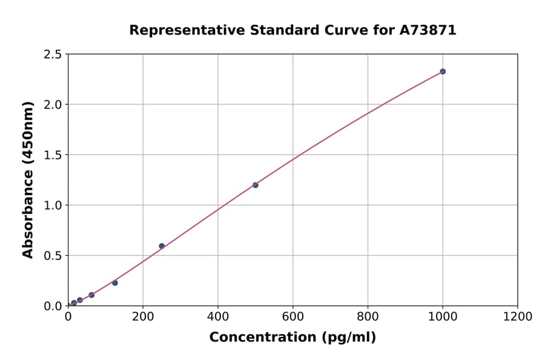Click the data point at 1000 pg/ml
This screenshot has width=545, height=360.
pos(443,72)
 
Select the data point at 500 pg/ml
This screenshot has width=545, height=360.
pos(256,185)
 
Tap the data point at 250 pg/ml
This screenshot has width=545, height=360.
pos(162,246)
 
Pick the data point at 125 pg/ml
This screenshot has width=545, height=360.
pos(115,283)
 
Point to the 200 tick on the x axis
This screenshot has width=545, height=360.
pos(143,316)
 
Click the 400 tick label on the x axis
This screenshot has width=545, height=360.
pos(218,316)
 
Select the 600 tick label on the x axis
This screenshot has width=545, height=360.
pos(293,316)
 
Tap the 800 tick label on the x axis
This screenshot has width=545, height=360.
pos(368,316)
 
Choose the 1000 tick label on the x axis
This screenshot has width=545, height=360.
pos(443,316)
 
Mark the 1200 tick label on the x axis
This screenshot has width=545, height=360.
pos(518,316)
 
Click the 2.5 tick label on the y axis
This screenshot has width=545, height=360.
pos(53,55)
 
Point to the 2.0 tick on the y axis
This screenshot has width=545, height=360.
pos(53,105)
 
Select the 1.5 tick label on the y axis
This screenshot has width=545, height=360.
pos(53,155)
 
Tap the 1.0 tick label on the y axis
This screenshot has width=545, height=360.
pos(53,205)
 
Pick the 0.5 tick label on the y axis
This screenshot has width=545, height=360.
pos(53,256)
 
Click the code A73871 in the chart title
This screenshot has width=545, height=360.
pos(428,30)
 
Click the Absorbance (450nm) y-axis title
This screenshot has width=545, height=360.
pos(28,180)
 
